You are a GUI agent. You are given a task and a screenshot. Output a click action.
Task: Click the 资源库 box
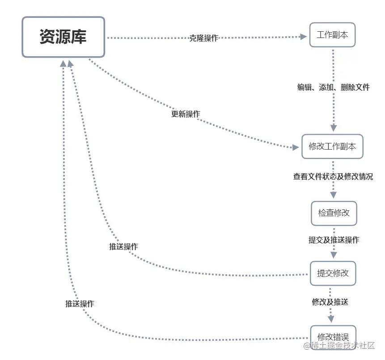click(x=63, y=37)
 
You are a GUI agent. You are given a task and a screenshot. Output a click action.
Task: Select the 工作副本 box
click(x=332, y=35)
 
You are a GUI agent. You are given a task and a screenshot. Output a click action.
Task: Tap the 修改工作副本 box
click(x=332, y=147)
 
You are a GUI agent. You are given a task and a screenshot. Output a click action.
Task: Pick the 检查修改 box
click(x=334, y=213)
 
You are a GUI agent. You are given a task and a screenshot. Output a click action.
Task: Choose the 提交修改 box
click(x=333, y=273)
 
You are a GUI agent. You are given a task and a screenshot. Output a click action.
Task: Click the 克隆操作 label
click(x=204, y=38)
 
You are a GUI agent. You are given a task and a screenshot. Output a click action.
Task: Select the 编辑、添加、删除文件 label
click(x=334, y=88)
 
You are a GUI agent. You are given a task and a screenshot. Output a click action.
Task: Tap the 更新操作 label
click(x=186, y=114)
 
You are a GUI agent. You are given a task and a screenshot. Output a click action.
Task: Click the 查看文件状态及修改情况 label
click(x=333, y=176)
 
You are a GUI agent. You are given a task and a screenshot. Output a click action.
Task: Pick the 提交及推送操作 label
click(x=334, y=240)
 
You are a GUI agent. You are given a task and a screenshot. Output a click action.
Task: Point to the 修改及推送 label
click(x=330, y=302)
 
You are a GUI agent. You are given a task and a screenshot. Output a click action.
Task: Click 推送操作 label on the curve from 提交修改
click(x=123, y=247)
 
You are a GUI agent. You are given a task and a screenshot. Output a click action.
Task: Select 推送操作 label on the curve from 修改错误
click(x=80, y=304)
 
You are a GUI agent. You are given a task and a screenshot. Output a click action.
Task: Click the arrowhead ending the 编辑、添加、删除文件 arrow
click(x=334, y=128)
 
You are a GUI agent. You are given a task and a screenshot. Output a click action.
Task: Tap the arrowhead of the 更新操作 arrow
click(x=295, y=147)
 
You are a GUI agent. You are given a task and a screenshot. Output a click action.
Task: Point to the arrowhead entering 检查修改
click(x=334, y=195)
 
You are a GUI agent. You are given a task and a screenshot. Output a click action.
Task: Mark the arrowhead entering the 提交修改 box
click(x=333, y=255)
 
